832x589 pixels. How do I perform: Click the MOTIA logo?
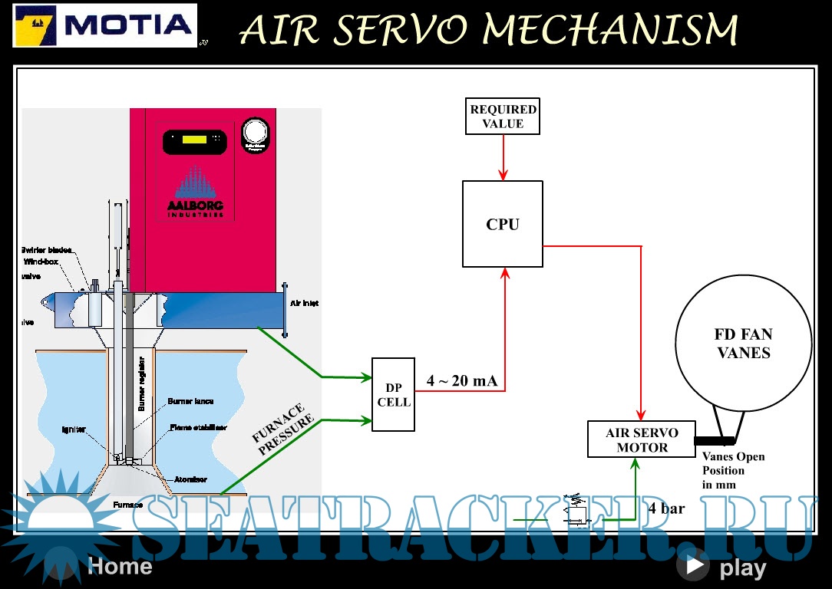tap(105, 25)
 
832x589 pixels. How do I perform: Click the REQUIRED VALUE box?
tap(503, 117)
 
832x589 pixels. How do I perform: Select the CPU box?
tap(503, 224)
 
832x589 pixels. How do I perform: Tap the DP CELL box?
tap(393, 394)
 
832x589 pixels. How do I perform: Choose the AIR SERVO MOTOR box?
tap(642, 439)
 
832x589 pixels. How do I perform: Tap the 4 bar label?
tap(666, 508)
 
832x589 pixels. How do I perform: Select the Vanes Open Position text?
tap(734, 470)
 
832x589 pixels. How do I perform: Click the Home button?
tap(120, 567)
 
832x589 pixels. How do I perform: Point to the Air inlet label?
tap(304, 304)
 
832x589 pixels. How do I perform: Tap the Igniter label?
tap(74, 429)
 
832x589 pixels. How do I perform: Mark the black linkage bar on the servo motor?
tap(714, 440)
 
